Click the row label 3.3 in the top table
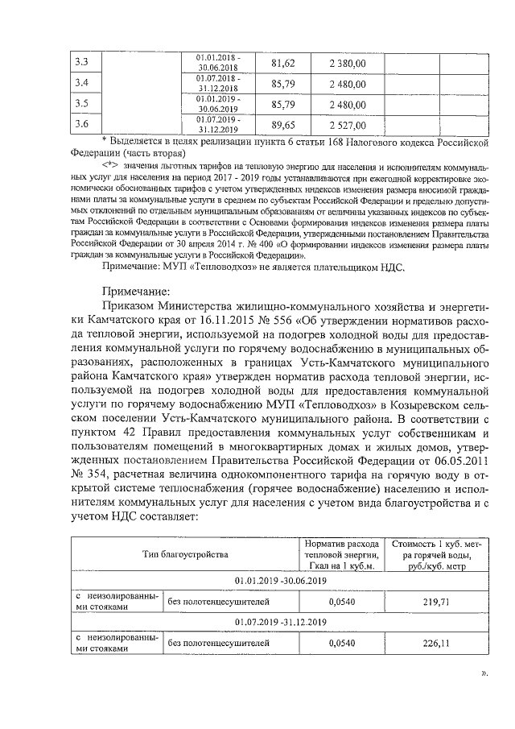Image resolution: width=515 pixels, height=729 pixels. [x=80, y=63]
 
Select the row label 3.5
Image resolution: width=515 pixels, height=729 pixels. [x=80, y=104]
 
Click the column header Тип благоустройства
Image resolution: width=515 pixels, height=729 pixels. [x=184, y=554]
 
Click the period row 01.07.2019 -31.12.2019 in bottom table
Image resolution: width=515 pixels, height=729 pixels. [x=278, y=622]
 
